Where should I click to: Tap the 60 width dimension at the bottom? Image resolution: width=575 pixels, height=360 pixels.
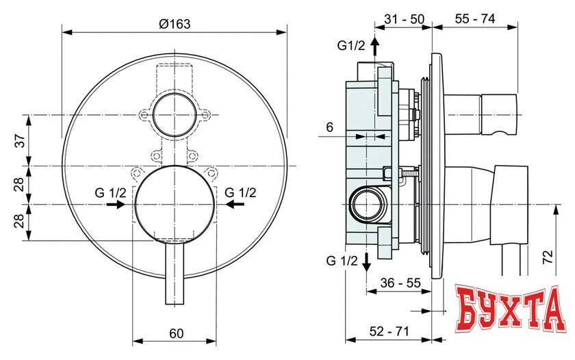[176, 333]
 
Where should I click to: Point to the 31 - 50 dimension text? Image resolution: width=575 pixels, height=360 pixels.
[404, 19]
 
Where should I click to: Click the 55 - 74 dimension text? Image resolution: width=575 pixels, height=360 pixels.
[476, 19]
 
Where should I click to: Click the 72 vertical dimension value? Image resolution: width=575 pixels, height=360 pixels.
[546, 258]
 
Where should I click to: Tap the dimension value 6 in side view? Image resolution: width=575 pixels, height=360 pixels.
[330, 127]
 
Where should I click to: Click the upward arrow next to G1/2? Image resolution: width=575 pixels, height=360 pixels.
[374, 47]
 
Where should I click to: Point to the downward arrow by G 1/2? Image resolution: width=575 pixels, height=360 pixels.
[367, 261]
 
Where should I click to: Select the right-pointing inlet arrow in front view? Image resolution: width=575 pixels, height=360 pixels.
[116, 204]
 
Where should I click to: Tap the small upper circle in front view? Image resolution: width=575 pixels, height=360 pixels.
[174, 115]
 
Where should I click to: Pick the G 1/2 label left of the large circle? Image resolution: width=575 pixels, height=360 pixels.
[110, 192]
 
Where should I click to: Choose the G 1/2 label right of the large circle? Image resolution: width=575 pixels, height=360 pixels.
[240, 192]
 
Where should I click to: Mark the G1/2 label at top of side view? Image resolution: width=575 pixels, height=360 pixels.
[350, 46]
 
